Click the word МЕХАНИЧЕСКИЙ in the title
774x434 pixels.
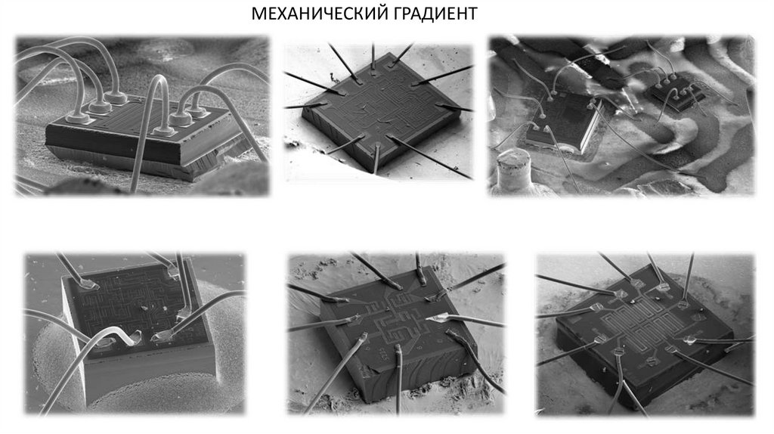click(x=312, y=14)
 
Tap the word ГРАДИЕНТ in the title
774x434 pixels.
click(x=429, y=14)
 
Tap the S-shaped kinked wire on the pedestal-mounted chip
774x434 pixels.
click(x=120, y=339)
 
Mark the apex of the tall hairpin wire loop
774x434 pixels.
click(x=159, y=78)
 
